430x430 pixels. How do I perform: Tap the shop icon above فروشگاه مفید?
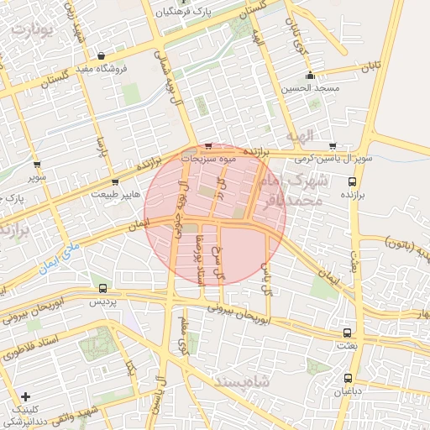102,55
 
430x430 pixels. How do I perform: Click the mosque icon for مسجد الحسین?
310,75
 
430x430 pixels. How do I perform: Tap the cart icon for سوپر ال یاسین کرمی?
333,146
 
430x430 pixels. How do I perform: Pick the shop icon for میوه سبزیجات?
208,145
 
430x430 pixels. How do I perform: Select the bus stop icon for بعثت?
347,333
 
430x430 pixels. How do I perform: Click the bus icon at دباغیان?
348,378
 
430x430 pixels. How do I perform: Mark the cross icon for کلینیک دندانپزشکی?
25,396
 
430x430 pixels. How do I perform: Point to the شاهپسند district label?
218,383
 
